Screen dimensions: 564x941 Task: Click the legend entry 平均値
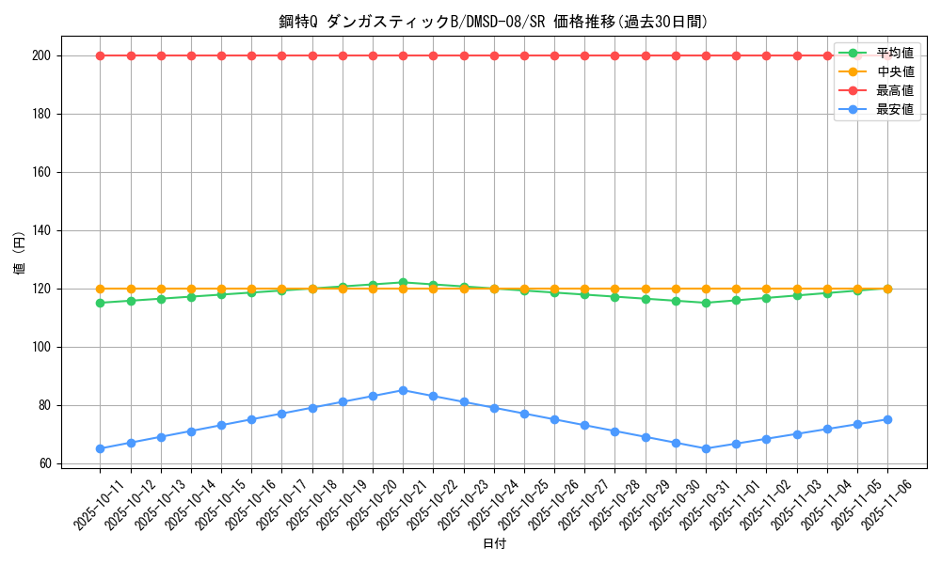point(894,54)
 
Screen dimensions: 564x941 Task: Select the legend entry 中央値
point(894,71)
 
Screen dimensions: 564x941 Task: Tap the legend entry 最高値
point(894,90)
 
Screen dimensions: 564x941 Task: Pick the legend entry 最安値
point(894,109)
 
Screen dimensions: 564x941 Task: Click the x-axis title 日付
point(493,544)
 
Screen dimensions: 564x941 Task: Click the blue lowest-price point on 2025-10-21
point(403,390)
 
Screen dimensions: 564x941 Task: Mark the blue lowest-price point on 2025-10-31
point(706,448)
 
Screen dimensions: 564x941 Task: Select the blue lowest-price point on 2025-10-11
point(100,448)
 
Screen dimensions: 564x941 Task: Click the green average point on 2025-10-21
point(403,282)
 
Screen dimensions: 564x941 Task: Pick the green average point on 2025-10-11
point(100,303)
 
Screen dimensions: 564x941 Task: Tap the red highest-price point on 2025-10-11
point(100,55)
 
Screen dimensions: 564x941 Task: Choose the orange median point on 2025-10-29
point(646,289)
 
